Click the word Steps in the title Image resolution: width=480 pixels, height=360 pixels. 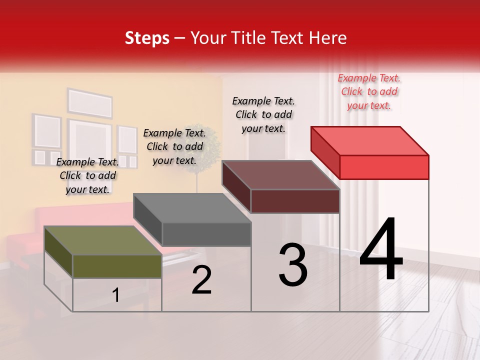147,38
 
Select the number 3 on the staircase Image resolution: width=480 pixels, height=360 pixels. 292,265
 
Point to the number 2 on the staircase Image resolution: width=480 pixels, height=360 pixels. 201,280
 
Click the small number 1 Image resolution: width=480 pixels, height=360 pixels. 116,295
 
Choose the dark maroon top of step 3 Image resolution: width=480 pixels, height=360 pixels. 280,174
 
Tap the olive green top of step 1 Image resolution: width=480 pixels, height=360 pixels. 102,240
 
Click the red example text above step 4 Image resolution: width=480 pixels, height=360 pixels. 369,91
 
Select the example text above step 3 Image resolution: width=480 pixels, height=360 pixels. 263,114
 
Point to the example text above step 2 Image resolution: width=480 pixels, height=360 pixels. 174,146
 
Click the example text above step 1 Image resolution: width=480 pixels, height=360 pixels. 87,175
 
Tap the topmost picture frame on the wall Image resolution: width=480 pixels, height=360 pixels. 90,103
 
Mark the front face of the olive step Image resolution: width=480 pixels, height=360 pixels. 117,266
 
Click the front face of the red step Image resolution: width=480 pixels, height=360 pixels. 384,167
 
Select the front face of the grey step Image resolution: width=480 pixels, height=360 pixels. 206,234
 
